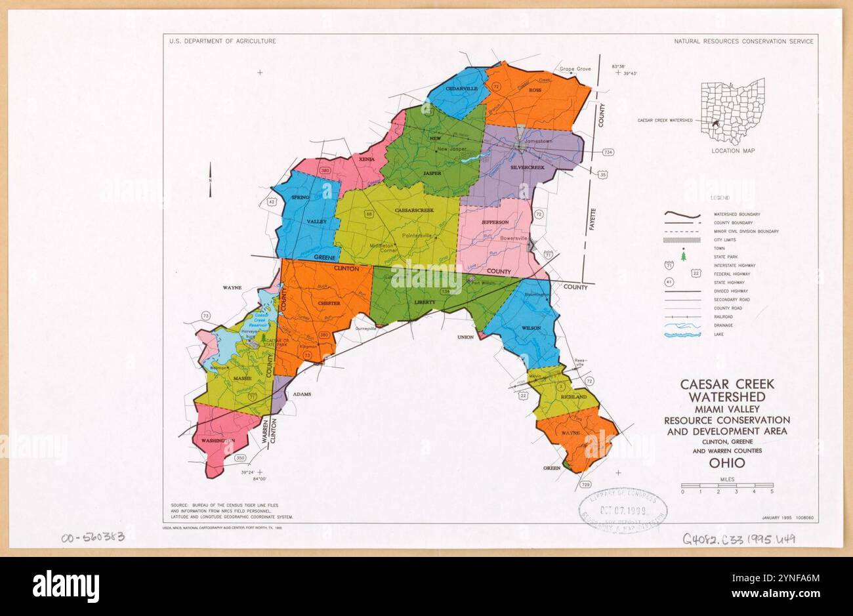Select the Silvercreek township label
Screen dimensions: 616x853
click(528, 167)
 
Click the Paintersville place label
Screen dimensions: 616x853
click(417, 235)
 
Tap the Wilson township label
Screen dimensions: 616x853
click(531, 328)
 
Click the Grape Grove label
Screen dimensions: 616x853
click(575, 69)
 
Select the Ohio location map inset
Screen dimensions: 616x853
click(732, 111)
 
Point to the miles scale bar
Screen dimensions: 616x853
click(726, 486)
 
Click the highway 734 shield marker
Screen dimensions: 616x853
click(608, 153)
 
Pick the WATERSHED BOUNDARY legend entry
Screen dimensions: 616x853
click(737, 215)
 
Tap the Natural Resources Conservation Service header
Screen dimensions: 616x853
click(743, 41)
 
